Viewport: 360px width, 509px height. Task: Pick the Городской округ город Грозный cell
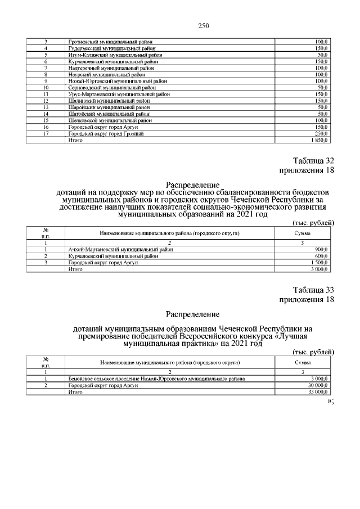[106, 133]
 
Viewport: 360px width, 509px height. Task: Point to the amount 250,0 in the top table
[322, 133]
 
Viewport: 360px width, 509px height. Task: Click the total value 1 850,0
[319, 140]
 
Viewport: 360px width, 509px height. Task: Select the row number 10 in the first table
[46, 88]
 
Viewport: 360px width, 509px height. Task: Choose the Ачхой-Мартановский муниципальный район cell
[120, 249]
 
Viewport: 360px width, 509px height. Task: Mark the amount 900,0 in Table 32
[322, 249]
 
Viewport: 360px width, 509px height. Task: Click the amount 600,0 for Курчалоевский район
[322, 256]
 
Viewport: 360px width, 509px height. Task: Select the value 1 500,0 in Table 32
[319, 263]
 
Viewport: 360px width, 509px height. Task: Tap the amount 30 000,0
[318, 385]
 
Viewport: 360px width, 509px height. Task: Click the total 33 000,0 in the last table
[318, 392]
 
